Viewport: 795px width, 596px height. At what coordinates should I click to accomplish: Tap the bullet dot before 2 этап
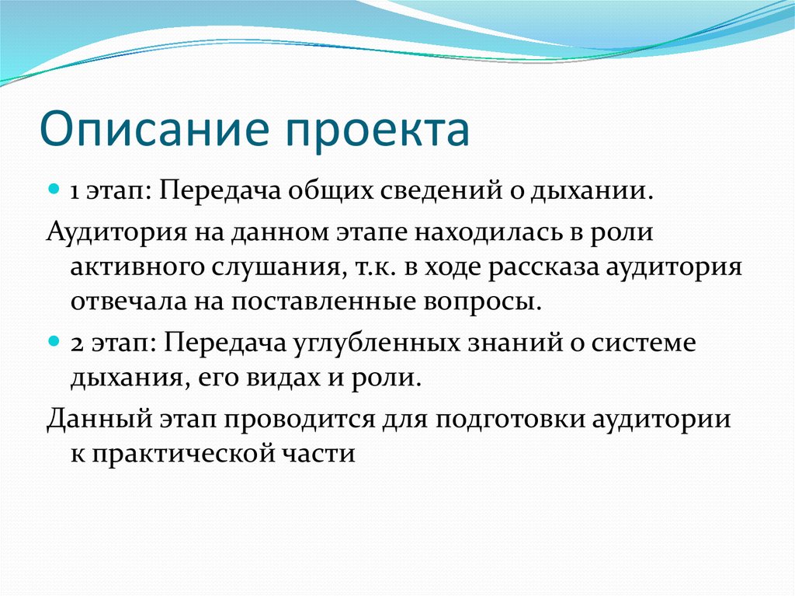click(54, 342)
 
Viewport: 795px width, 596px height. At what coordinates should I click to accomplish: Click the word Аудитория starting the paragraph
click(114, 231)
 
